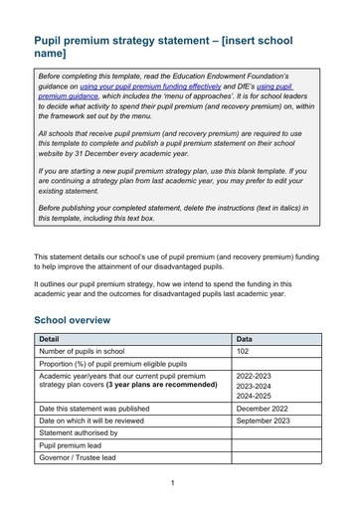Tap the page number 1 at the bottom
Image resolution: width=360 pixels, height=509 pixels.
click(172, 482)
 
